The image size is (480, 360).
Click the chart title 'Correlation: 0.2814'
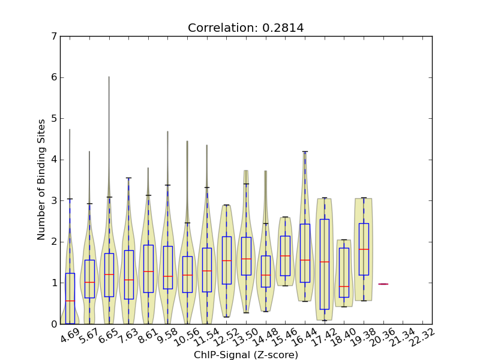[x=246, y=28]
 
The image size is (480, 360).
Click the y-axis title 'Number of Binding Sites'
[x=41, y=180]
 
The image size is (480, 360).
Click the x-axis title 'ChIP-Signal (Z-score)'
[x=246, y=355]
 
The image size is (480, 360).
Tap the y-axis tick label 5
[x=54, y=118]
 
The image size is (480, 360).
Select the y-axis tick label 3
[x=54, y=200]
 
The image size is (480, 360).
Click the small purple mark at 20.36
[x=383, y=284]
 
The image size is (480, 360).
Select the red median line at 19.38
[x=364, y=249]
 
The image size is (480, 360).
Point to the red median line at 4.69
[x=70, y=301]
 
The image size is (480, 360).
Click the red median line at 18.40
[x=344, y=286]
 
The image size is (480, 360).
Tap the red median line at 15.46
[x=285, y=256]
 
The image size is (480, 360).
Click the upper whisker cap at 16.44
[x=305, y=152]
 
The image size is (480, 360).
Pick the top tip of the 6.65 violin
[x=109, y=77]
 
